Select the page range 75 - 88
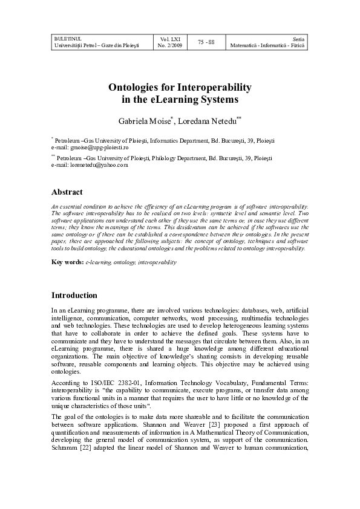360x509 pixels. [x=206, y=41]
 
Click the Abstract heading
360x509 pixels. [x=67, y=192]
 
